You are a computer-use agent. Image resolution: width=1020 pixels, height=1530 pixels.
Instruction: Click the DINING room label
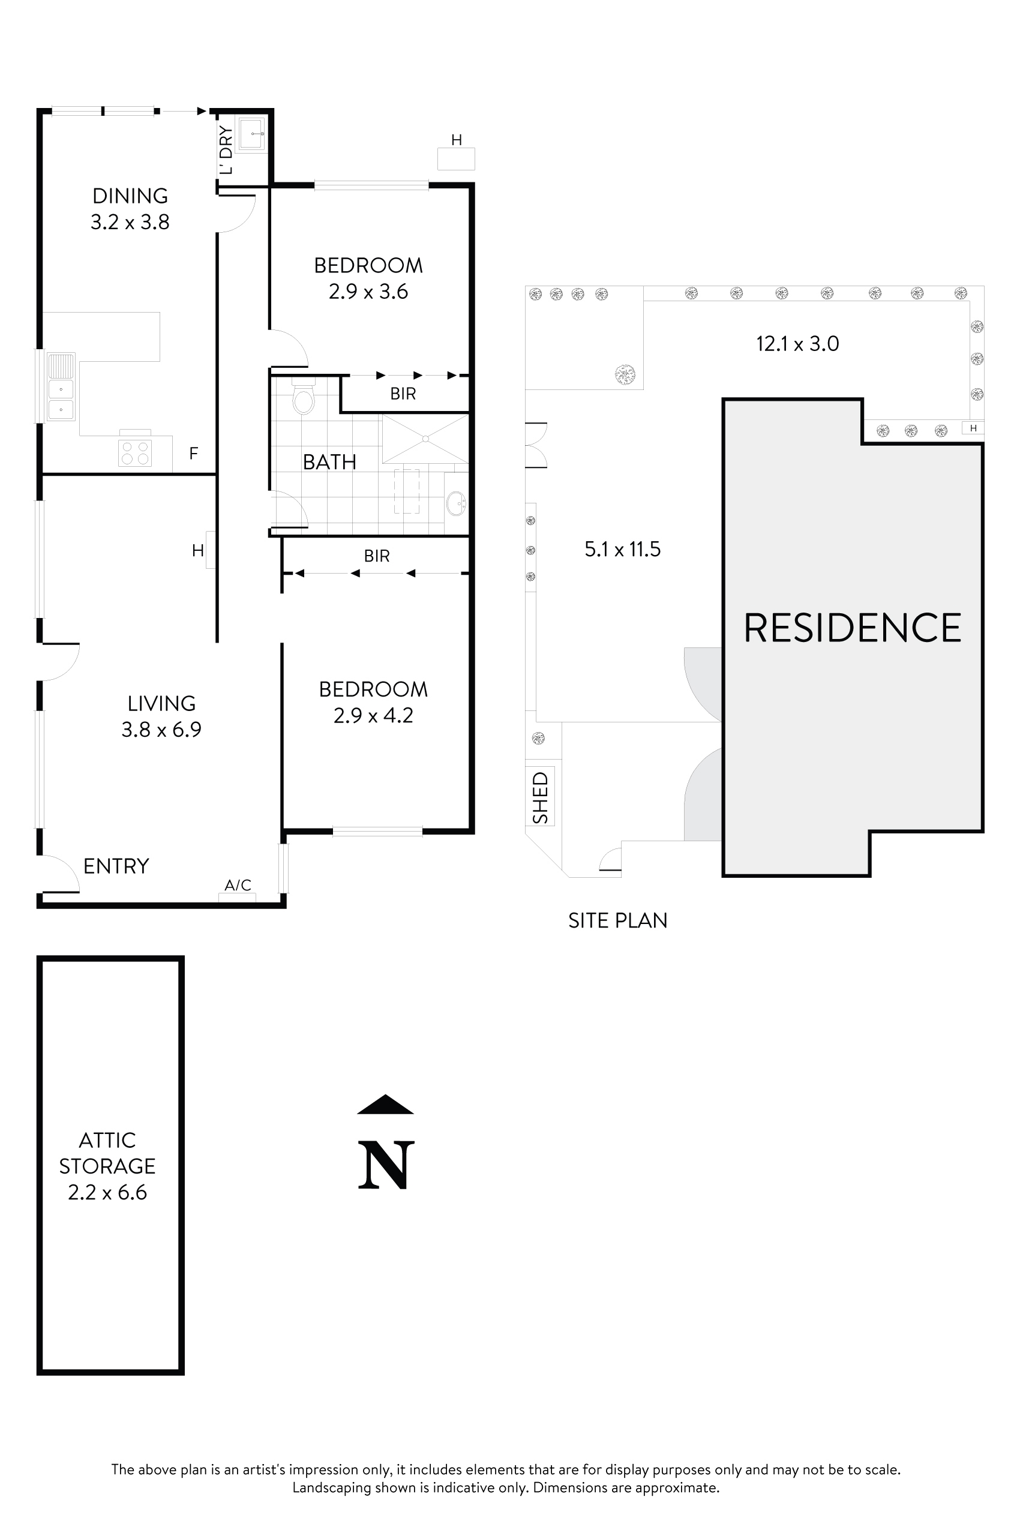tap(130, 196)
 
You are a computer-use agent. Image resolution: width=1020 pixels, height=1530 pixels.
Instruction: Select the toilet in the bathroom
tap(303, 399)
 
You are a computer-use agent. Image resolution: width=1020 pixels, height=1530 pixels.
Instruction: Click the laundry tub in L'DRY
tap(250, 134)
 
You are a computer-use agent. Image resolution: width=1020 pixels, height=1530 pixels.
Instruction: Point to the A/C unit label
tap(238, 884)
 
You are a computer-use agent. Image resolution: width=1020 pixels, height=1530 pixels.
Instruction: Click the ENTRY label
tap(116, 866)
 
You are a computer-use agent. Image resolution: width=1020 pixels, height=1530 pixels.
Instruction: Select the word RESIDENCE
tap(851, 628)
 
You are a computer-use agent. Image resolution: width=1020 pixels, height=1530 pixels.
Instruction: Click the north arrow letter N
tap(386, 1165)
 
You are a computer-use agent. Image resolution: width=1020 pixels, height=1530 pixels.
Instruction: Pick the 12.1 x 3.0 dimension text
tap(797, 343)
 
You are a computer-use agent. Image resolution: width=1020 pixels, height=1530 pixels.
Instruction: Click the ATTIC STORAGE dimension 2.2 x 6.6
tap(107, 1192)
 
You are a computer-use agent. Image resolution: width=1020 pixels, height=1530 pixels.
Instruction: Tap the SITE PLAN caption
tap(617, 920)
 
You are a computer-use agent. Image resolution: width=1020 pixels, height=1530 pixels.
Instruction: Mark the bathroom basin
tap(456, 503)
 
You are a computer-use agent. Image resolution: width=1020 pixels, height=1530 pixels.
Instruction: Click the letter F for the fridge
tap(193, 454)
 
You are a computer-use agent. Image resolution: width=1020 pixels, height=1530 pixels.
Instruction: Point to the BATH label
tap(329, 462)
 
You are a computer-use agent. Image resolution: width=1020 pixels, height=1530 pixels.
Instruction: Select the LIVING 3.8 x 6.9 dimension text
tap(161, 729)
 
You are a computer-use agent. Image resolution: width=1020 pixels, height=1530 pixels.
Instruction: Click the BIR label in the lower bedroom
tap(377, 556)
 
